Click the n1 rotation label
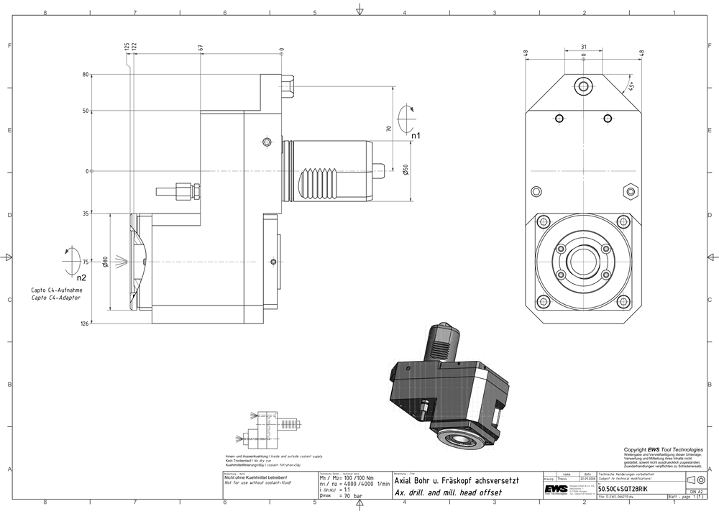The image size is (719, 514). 416,135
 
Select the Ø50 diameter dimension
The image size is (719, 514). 406,173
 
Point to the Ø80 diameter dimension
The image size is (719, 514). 105,262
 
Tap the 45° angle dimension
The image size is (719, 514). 631,86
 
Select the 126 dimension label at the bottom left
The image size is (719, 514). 86,324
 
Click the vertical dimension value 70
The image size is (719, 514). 389,129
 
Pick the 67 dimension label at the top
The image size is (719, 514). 201,47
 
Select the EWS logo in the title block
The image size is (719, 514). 554,489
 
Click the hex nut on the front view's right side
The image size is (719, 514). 631,191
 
